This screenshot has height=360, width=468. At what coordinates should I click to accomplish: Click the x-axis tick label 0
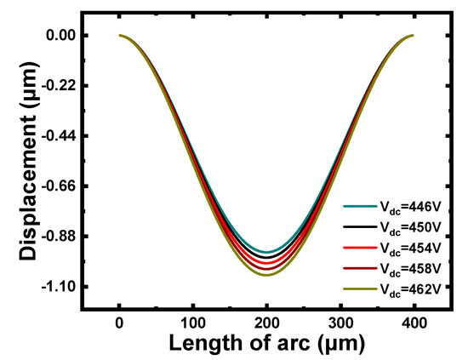click(x=119, y=323)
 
